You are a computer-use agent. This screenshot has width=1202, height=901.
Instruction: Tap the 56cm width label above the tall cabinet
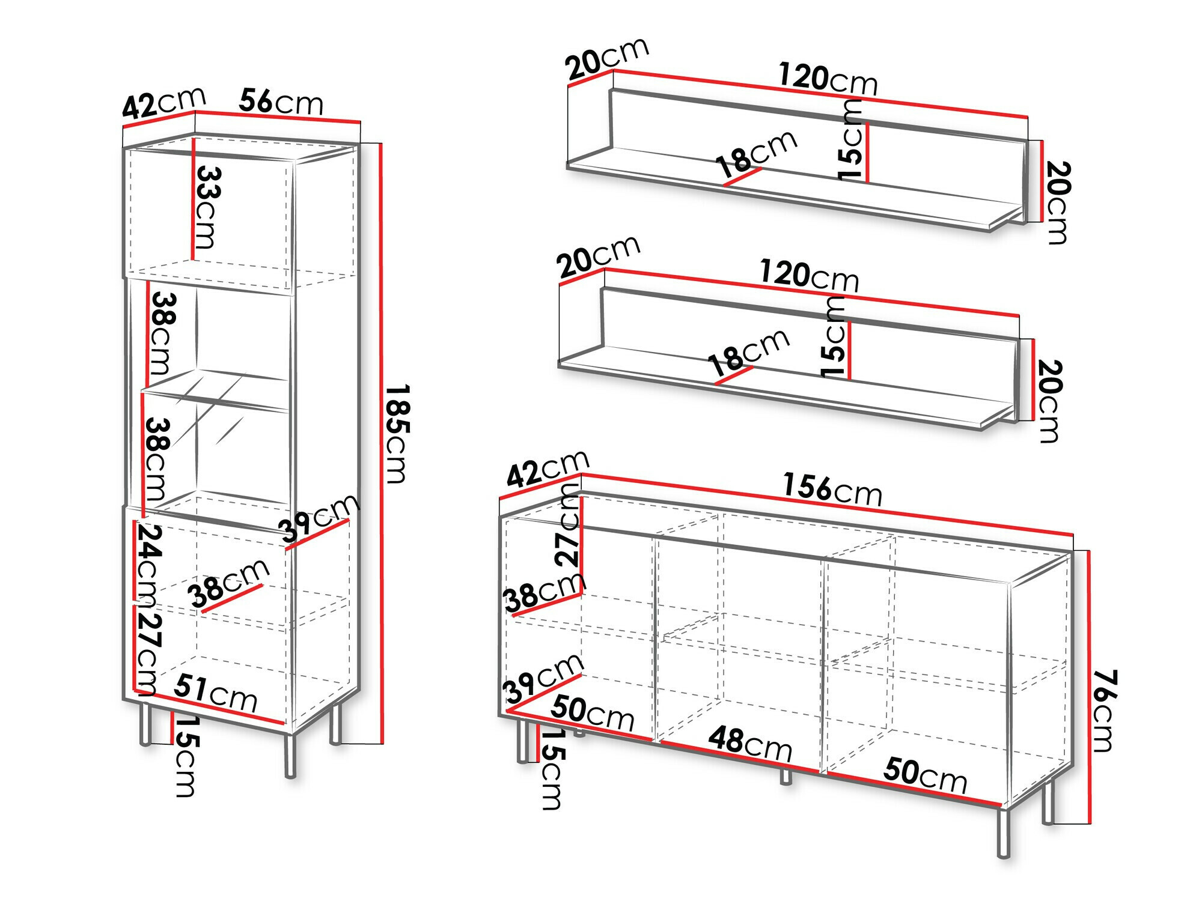tap(281, 102)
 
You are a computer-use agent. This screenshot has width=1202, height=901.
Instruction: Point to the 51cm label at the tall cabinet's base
tap(216, 693)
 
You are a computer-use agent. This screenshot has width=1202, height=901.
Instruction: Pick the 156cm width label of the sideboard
tap(832, 489)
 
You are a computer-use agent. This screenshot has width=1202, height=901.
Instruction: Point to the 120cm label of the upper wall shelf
tap(828, 79)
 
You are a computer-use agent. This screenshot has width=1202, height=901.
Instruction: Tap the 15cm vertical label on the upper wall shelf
tap(851, 141)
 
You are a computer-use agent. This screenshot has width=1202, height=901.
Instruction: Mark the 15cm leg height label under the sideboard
tap(551, 769)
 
